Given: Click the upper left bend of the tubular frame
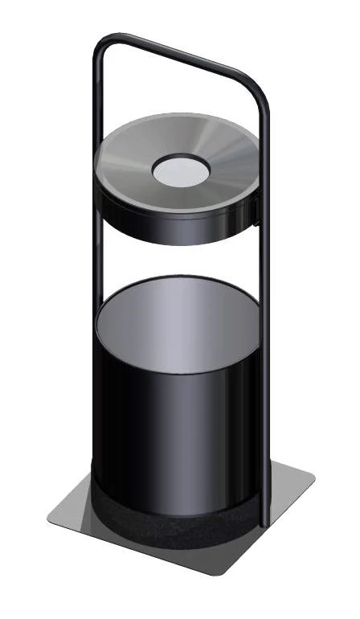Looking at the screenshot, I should pos(103,44).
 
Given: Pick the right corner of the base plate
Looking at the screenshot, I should pos(312,481).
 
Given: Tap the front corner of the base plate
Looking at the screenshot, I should pos(217,572).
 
